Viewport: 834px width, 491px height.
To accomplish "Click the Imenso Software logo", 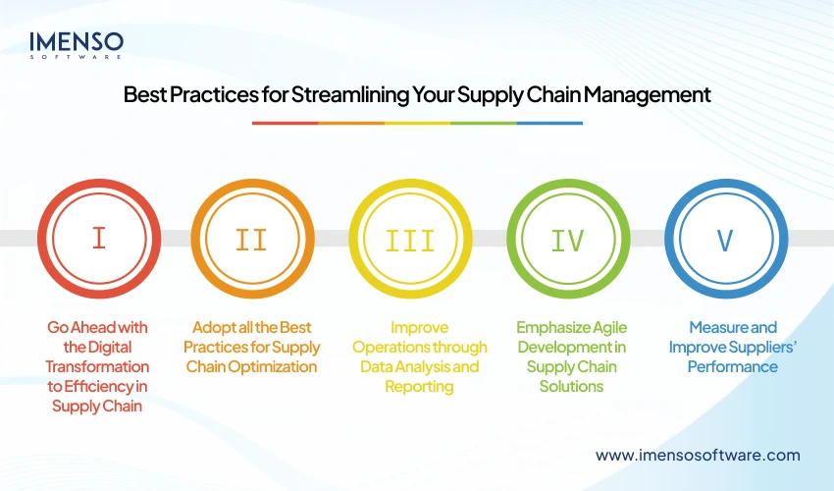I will (x=76, y=44).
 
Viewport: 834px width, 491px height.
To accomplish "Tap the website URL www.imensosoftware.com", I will (x=698, y=455).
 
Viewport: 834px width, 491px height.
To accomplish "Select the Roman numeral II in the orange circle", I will (x=253, y=239).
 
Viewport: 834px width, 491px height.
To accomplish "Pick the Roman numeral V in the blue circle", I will (x=727, y=239).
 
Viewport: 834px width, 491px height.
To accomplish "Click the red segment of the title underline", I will (x=285, y=123).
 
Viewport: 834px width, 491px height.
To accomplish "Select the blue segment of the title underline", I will (x=549, y=123).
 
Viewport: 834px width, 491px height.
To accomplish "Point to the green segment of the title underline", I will (x=483, y=123).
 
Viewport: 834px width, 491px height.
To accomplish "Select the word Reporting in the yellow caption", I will (x=419, y=386).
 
